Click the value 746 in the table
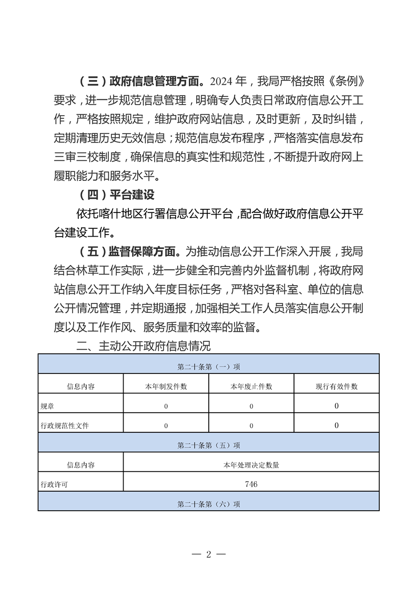pyautogui.click(x=251, y=484)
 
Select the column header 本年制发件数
pyautogui.click(x=166, y=386)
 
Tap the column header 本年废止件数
pyautogui.click(x=251, y=386)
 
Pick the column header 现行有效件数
pyautogui.click(x=337, y=386)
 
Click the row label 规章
pyautogui.click(x=47, y=406)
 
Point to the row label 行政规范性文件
pyautogui.click(x=64, y=425)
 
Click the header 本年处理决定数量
pyautogui.click(x=251, y=465)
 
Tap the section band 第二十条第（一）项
pyautogui.click(x=209, y=367)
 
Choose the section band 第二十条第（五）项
pyautogui.click(x=209, y=445)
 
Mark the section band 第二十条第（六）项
pyautogui.click(x=209, y=504)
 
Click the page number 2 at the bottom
pyautogui.click(x=209, y=555)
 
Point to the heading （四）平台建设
pyautogui.click(x=116, y=195)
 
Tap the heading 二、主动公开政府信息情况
pyautogui.click(x=143, y=347)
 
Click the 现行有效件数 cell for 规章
pyautogui.click(x=337, y=406)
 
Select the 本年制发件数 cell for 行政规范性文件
pyautogui.click(x=166, y=425)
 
